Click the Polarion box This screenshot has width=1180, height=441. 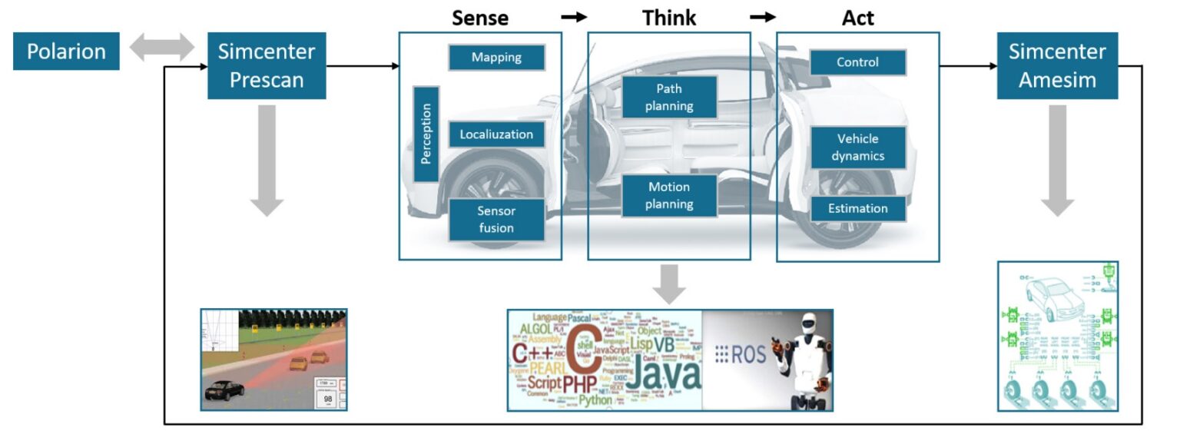(x=66, y=51)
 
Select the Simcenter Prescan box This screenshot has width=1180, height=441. (x=267, y=65)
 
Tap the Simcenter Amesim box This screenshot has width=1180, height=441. (x=1057, y=65)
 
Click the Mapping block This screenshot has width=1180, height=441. (x=496, y=58)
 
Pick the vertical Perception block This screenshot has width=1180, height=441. (x=426, y=134)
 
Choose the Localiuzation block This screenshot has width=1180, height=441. (x=496, y=134)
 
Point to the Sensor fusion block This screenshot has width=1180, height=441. (x=496, y=220)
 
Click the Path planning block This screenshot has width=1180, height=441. (x=669, y=97)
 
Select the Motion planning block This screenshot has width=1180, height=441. (x=669, y=195)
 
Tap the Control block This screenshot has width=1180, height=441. (x=857, y=62)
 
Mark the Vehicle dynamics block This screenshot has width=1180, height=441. (x=857, y=148)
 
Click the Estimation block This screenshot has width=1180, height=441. (x=857, y=208)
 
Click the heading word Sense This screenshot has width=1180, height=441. (x=480, y=18)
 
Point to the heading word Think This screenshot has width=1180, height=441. (x=669, y=18)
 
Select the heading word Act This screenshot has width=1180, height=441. (x=857, y=18)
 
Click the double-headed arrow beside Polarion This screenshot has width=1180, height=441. (x=163, y=48)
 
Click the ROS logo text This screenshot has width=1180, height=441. (x=741, y=354)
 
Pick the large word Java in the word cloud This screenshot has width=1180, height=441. (x=659, y=373)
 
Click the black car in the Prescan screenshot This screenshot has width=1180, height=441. (x=224, y=391)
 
